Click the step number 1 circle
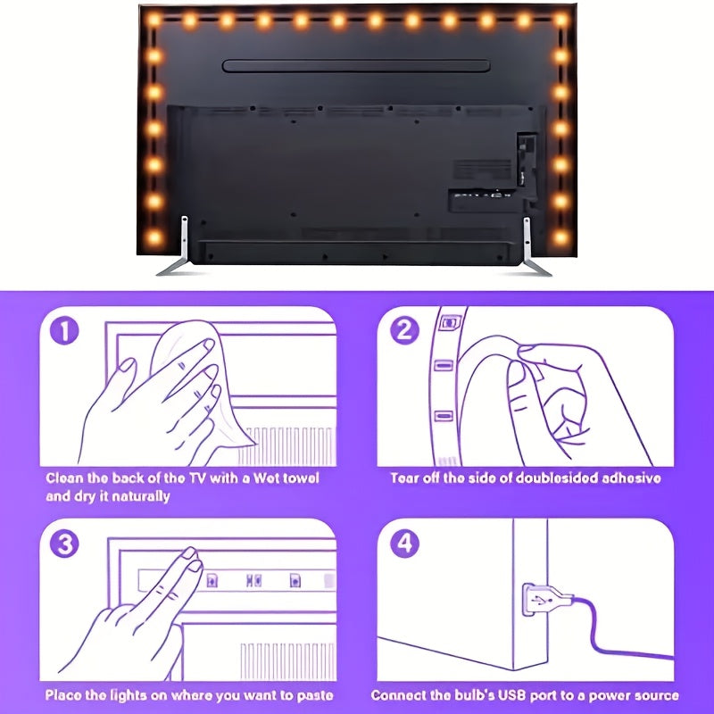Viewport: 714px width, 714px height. click(63, 332)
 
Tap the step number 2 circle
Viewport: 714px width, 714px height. click(405, 332)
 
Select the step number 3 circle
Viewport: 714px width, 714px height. click(63, 544)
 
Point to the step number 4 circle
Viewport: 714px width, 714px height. click(405, 544)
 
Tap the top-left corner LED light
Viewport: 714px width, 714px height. click(154, 19)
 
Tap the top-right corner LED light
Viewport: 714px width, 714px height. click(560, 19)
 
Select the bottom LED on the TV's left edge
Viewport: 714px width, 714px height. click(154, 237)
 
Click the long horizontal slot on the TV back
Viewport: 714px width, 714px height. click(356, 66)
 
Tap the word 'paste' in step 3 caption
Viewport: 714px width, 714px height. click(311, 695)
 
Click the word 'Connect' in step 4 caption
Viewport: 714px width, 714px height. click(399, 695)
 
